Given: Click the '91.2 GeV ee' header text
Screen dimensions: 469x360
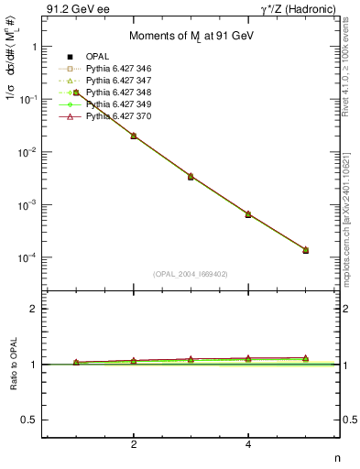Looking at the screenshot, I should coord(74,9).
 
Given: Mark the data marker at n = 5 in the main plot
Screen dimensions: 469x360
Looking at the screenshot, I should coord(305,250).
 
